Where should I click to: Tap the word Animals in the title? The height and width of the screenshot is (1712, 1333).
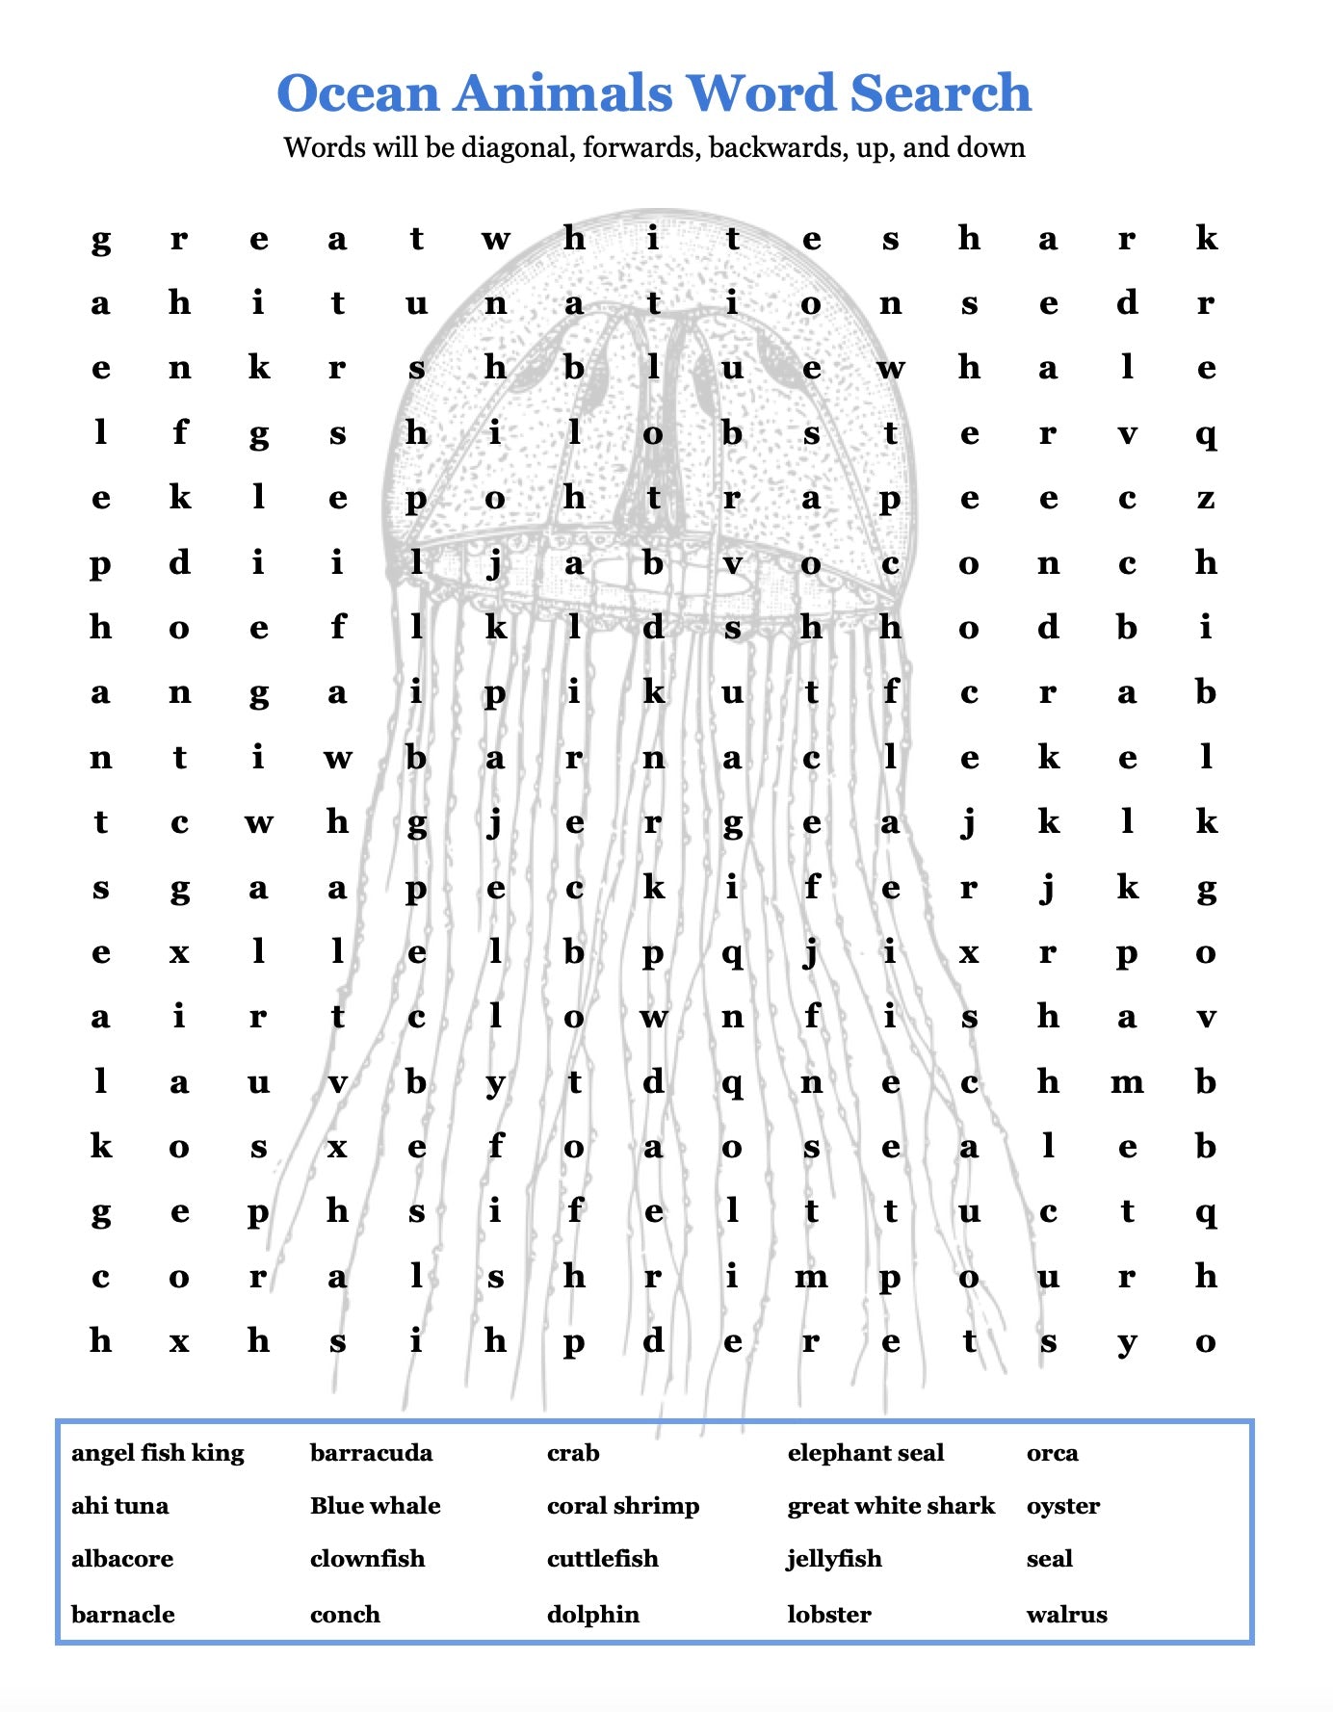tap(563, 93)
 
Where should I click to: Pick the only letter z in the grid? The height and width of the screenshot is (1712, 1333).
tap(1205, 499)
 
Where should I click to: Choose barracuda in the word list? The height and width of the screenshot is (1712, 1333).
tap(371, 1452)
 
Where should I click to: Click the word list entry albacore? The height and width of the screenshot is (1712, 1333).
tap(122, 1558)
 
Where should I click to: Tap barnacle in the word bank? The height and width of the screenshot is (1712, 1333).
tap(123, 1614)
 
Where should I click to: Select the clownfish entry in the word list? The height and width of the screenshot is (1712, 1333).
tap(367, 1558)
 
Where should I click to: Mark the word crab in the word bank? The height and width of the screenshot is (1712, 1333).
tap(573, 1452)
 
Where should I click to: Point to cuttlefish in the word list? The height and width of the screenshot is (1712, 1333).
tap(603, 1558)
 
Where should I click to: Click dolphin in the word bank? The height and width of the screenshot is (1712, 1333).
tap(593, 1614)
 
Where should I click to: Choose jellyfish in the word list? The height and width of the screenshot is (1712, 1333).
tap(834, 1558)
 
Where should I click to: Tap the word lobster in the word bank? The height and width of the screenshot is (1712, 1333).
tap(829, 1614)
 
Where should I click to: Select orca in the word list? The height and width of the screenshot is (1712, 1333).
tap(1053, 1452)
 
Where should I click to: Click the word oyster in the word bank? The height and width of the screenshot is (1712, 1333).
tap(1063, 1506)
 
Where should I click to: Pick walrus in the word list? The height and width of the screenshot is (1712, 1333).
tap(1067, 1614)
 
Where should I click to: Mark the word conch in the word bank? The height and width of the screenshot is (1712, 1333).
tap(345, 1614)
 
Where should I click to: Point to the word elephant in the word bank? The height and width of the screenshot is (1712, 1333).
tap(840, 1452)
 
